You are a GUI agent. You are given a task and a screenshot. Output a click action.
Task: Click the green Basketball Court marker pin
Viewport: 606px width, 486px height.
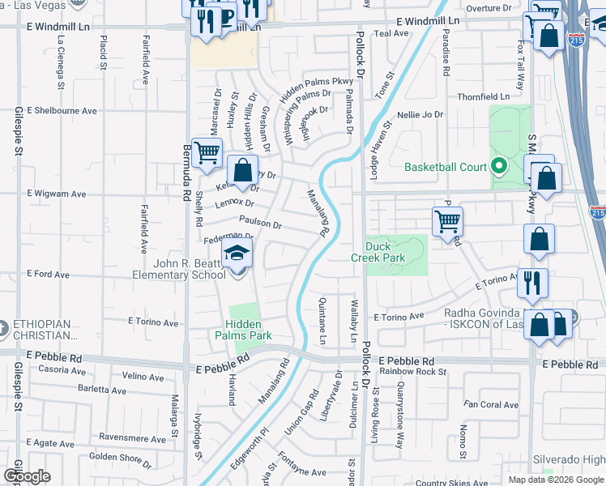(498, 168)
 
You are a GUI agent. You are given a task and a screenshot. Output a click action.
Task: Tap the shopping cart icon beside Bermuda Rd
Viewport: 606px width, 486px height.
(207, 151)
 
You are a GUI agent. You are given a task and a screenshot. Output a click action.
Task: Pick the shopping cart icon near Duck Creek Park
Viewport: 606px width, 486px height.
(447, 221)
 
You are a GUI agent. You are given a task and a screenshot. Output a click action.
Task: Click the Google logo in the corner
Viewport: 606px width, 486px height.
(27, 476)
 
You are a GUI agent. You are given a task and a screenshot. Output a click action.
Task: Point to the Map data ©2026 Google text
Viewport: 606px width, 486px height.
(555, 480)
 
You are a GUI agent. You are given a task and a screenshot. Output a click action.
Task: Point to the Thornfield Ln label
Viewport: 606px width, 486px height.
(483, 96)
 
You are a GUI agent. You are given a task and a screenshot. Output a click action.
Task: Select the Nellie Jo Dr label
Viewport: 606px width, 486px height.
(420, 115)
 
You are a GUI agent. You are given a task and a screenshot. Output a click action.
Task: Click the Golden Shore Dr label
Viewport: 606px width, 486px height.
(115, 457)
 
